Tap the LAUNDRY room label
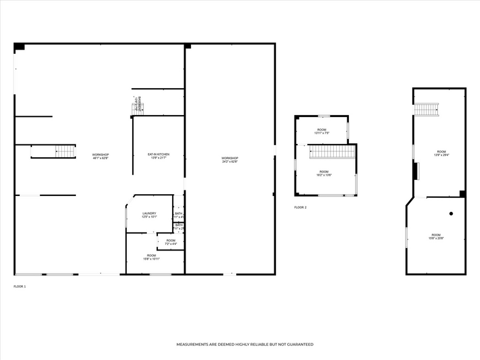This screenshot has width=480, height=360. pos(149,215)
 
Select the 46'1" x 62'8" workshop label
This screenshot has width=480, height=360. pos(100,156)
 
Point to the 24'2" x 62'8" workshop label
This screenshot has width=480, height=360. pos(230,160)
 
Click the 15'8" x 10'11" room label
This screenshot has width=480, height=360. pos(151,257)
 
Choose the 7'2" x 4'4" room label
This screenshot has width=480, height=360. pos(171,242)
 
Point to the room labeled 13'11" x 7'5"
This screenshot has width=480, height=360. pos(322,131)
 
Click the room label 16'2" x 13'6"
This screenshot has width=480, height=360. pos(324,173)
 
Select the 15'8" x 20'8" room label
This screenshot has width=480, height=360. pos(436,236)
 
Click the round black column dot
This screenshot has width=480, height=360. pos(451,214)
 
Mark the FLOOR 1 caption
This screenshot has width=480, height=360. pos(20,287)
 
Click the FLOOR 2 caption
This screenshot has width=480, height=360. pos(300,208)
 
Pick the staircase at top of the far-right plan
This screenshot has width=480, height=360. pos(427,110)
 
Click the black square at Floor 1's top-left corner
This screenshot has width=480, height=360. pos(19,47)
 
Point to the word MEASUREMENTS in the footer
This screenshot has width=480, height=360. pos(195,345)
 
